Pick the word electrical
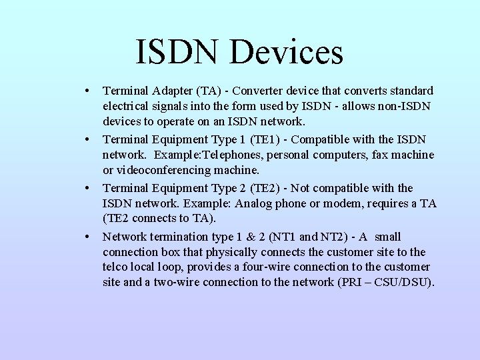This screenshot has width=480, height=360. coord(127,106)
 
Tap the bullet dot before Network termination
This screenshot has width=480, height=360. coord(87,237)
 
